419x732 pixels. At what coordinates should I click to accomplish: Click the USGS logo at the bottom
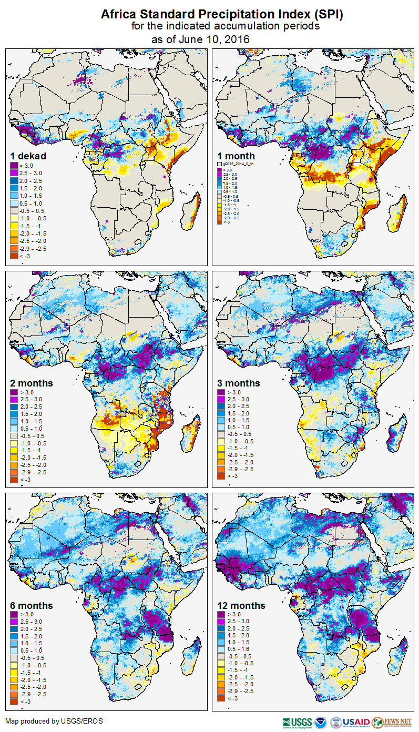click(298, 722)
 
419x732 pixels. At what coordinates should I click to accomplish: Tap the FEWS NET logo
click(391, 722)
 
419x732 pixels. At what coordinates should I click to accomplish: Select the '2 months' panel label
click(32, 383)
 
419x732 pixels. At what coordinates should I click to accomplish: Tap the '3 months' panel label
click(239, 383)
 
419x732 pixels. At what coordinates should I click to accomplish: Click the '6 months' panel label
click(32, 605)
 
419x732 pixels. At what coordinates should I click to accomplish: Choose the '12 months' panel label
click(241, 605)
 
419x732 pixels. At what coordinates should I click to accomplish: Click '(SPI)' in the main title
click(327, 15)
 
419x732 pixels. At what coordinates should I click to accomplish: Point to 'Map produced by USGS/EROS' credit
click(54, 721)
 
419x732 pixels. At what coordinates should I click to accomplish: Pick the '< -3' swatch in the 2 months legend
click(15, 479)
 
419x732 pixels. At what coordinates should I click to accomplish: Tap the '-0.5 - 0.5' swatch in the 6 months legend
click(15, 656)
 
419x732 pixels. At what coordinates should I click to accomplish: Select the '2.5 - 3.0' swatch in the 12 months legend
click(222, 622)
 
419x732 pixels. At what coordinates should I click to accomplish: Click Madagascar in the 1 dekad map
click(192, 210)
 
